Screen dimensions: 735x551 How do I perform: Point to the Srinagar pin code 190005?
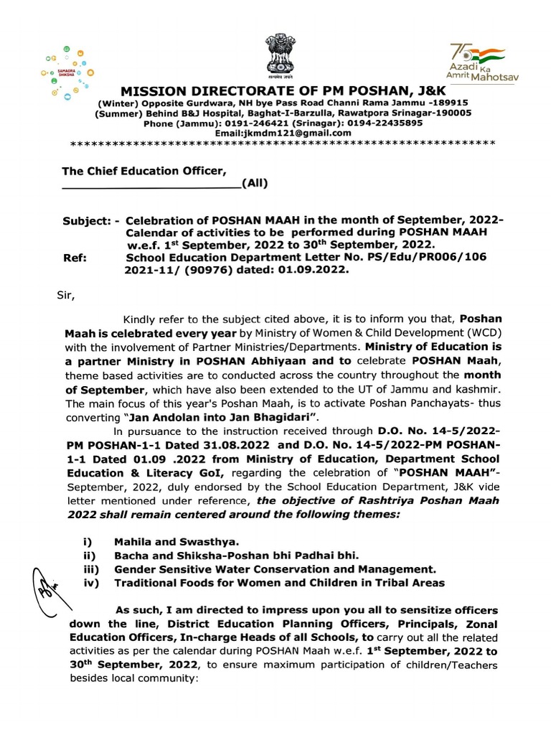point(449,113)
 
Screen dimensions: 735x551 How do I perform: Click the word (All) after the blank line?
point(255,182)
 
